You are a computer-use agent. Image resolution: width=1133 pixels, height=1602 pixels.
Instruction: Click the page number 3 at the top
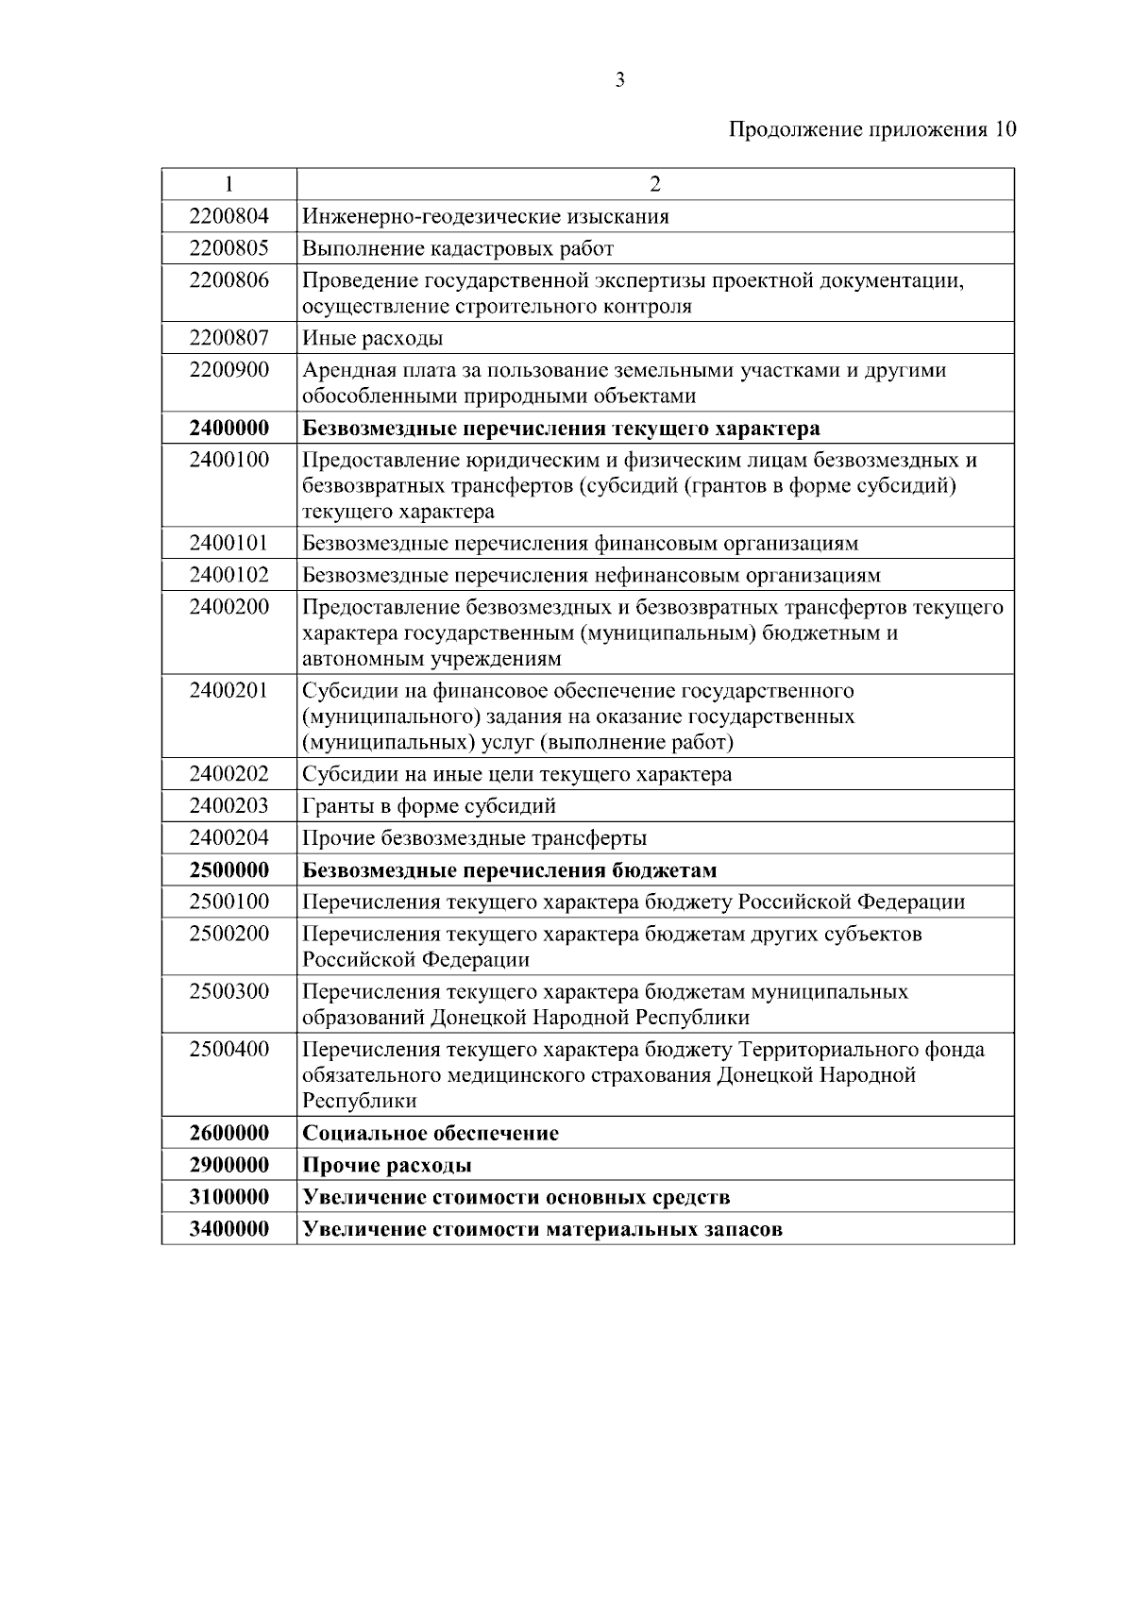[619, 80]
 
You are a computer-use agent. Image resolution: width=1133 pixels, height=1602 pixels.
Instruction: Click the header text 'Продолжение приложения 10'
[872, 130]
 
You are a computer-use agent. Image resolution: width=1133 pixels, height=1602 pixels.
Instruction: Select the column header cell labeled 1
[228, 184]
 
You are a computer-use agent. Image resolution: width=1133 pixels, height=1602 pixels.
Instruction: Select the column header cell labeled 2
[655, 184]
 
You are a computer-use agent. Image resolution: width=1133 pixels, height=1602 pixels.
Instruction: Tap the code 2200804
[228, 216]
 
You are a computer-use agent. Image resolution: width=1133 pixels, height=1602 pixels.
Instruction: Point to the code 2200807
[228, 337]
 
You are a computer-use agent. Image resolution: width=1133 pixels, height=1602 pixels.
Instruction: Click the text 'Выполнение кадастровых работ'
[458, 248]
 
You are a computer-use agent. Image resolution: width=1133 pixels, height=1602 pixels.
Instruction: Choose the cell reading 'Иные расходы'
[373, 338]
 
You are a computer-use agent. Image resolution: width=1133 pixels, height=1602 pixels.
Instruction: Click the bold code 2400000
[228, 428]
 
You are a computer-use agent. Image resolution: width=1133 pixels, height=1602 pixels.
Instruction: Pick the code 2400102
[228, 574]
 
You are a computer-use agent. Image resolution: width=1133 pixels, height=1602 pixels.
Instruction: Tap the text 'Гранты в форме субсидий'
[430, 806]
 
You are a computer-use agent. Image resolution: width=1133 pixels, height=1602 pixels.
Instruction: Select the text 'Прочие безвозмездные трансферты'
[474, 838]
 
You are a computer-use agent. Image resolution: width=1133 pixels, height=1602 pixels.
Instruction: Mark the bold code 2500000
[228, 869]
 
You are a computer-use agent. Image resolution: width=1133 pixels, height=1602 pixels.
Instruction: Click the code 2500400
[228, 1049]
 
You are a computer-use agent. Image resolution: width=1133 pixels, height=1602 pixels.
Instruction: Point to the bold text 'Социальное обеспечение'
[431, 1133]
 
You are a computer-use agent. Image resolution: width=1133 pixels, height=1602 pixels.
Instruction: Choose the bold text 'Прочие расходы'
[387, 1165]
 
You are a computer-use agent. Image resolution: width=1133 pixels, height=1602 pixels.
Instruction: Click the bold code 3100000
[228, 1197]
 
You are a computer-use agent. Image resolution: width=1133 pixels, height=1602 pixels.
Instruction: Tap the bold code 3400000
[228, 1229]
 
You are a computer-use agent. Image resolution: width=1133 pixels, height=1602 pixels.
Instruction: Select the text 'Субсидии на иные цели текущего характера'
[517, 774]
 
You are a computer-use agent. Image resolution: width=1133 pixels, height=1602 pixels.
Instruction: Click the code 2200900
[228, 369]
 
